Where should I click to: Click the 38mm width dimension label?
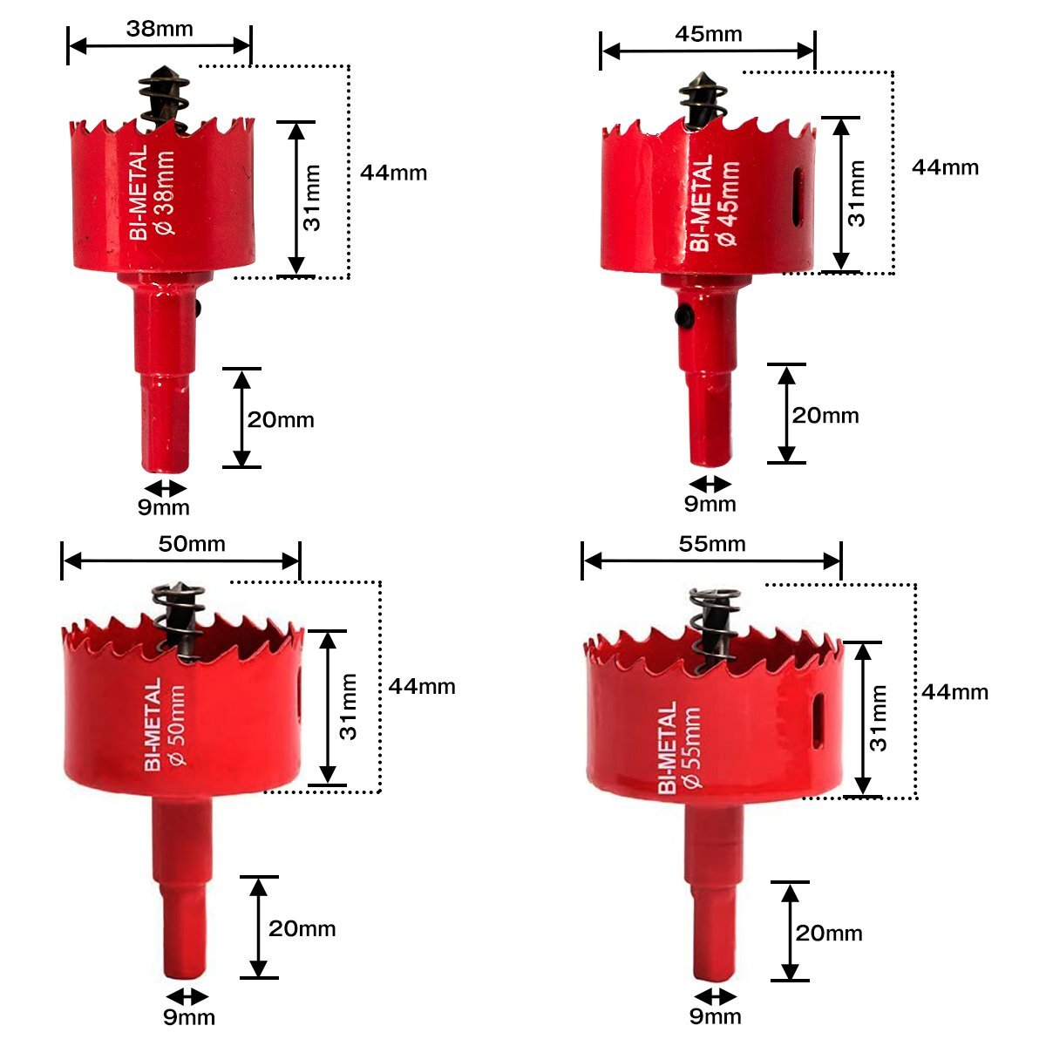(160, 29)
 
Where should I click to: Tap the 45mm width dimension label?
(709, 34)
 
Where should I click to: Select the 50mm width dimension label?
(192, 544)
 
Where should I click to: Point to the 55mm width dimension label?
(712, 544)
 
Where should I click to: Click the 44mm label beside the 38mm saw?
(393, 173)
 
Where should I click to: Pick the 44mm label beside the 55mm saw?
(954, 692)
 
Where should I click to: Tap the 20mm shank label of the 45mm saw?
(825, 416)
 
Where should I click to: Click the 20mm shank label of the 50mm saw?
(302, 928)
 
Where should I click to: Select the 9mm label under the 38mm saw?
(163, 507)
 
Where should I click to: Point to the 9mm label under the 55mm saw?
(715, 1016)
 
